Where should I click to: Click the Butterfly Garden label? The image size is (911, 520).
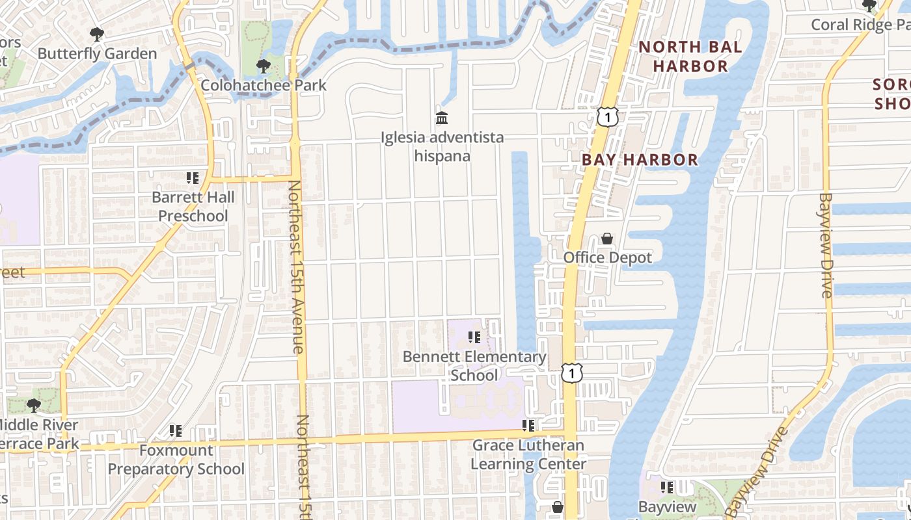tap(97, 53)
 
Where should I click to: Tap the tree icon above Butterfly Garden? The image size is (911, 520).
tap(97, 34)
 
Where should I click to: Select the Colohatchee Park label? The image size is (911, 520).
tap(264, 85)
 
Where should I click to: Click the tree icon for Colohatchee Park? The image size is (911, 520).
tap(264, 66)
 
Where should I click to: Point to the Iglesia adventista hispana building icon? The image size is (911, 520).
tap(442, 118)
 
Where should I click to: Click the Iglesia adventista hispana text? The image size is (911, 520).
tap(442, 147)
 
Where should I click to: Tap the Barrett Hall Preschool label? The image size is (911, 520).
tap(193, 206)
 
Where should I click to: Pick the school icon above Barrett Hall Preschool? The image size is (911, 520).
tap(192, 177)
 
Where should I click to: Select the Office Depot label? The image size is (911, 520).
tap(607, 257)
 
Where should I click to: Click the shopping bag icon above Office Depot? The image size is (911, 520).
tap(607, 239)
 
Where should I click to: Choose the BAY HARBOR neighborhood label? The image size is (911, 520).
tap(640, 159)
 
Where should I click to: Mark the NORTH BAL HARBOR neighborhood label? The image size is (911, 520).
tap(690, 57)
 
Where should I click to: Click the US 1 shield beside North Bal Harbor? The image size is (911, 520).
tap(606, 117)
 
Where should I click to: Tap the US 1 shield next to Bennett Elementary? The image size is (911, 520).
tap(571, 373)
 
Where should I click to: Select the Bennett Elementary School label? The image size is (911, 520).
tap(474, 366)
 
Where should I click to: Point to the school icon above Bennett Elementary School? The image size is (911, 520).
tap(474, 337)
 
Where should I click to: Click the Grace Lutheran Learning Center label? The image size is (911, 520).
tap(528, 454)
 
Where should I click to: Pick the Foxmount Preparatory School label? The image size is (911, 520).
tap(176, 459)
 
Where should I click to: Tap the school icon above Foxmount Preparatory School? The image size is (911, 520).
tap(175, 430)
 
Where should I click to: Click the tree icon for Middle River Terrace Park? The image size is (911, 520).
tap(34, 406)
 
